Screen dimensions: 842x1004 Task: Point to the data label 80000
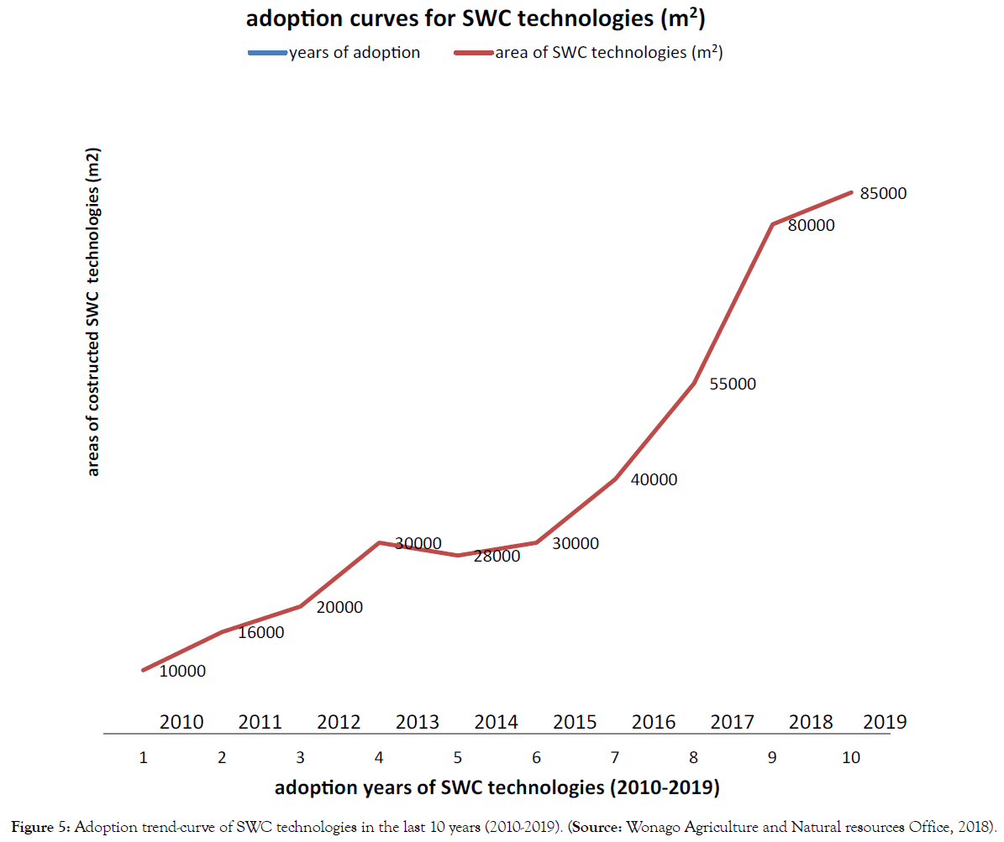point(811,226)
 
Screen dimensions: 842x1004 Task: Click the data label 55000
point(733,384)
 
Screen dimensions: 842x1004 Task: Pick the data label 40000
point(654,480)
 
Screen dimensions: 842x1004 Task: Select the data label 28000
point(497,557)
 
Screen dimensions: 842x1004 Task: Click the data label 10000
point(181,672)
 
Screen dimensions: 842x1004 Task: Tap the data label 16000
point(260,633)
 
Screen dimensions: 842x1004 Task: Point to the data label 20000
point(339,608)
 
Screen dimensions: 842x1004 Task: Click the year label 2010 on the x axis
point(181,722)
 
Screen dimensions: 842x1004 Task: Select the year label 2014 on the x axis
point(497,722)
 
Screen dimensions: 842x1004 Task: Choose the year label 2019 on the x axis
point(883,722)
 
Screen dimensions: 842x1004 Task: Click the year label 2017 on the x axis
point(733,722)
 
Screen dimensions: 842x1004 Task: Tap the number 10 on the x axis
point(851,758)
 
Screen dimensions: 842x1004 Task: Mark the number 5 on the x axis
point(458,758)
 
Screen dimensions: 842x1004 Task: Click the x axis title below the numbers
point(497,788)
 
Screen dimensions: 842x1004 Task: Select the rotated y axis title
point(93,313)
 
